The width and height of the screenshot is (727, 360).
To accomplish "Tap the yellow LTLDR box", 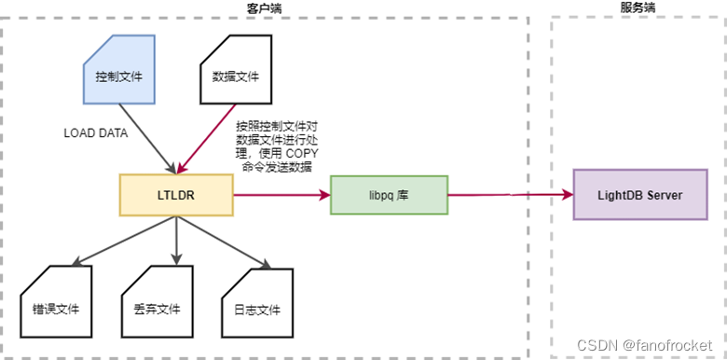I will tap(175, 194).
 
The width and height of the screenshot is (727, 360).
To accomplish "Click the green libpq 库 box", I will tap(389, 194).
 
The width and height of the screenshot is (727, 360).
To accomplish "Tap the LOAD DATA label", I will tap(95, 132).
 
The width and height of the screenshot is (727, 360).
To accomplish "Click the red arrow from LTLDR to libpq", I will tap(280, 194).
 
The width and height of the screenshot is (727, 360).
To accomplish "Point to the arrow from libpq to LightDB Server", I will tap(511, 194).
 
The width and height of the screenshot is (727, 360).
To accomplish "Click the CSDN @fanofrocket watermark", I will tap(648, 345).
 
